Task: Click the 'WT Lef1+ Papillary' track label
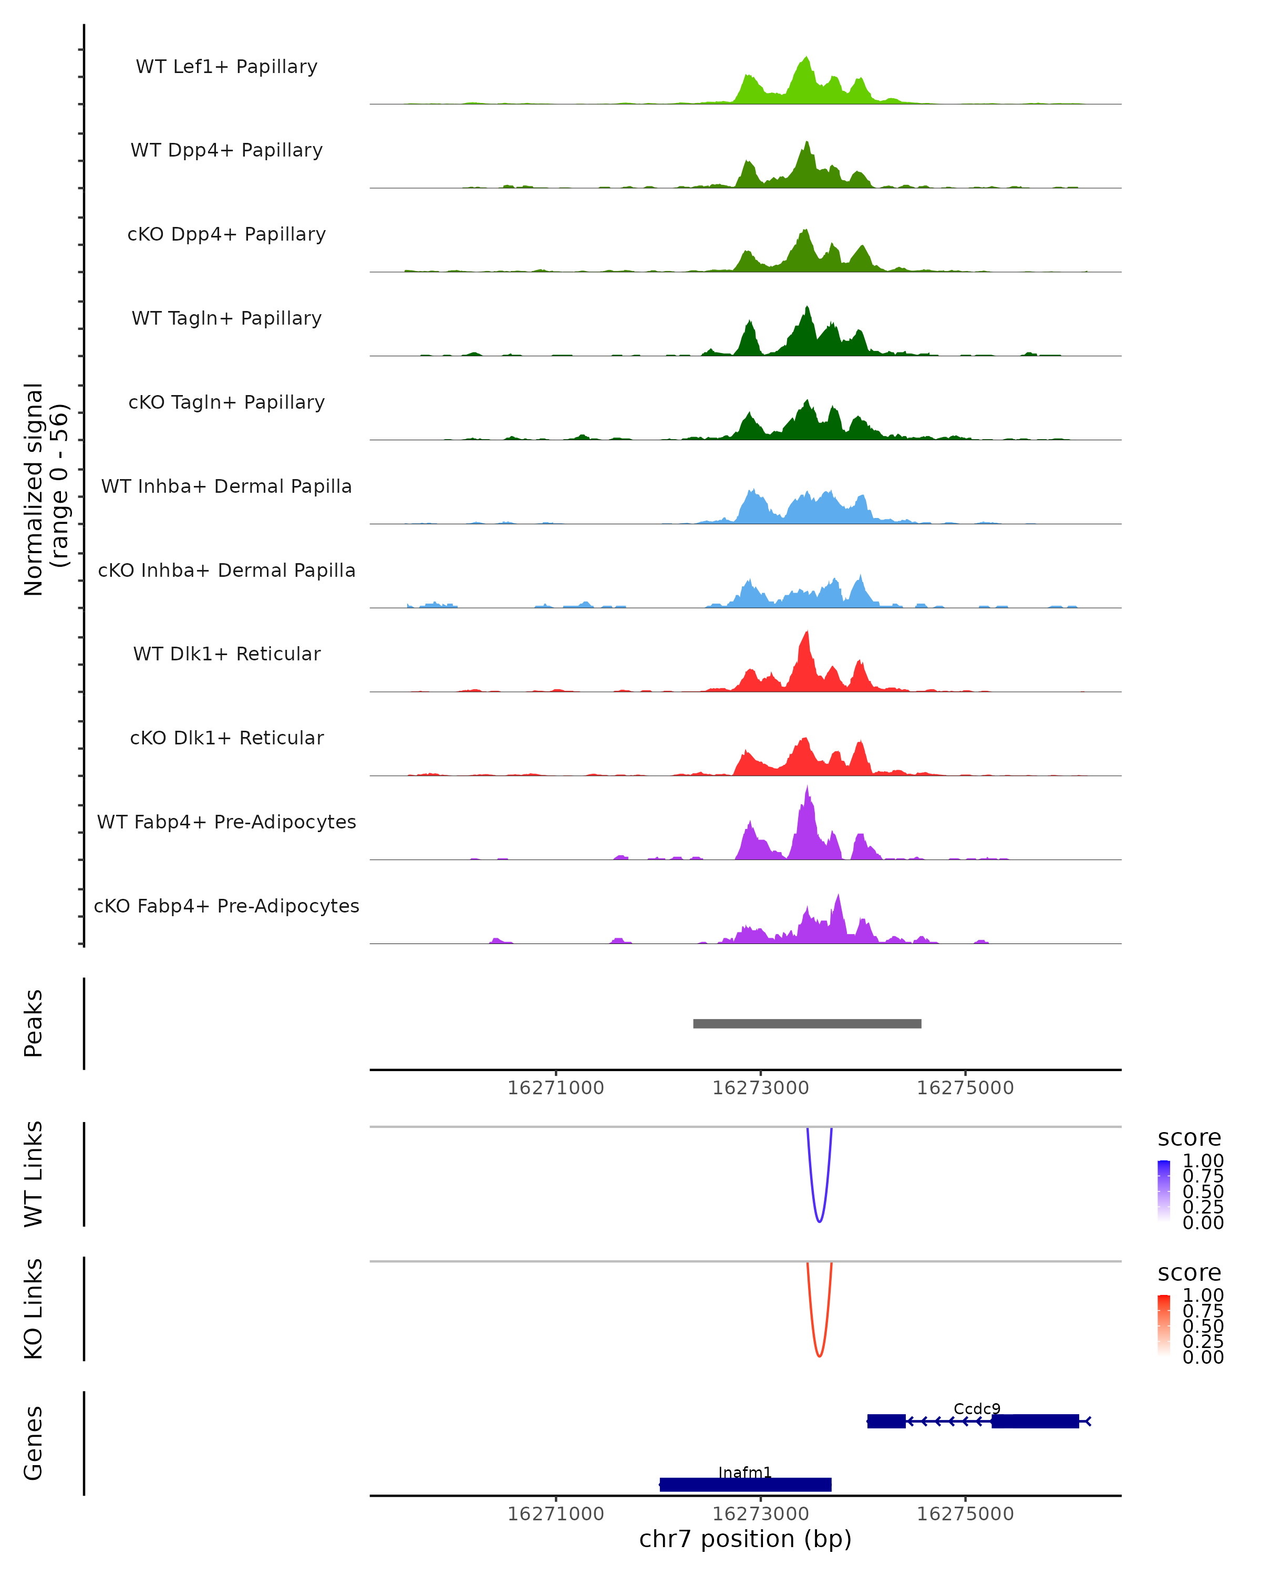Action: (x=226, y=67)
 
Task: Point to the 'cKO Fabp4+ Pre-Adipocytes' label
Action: (x=226, y=906)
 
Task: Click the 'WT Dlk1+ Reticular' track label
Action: (x=226, y=654)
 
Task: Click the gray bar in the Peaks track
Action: (x=807, y=1023)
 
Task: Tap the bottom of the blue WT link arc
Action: (x=820, y=1221)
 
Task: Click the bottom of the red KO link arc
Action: (x=820, y=1356)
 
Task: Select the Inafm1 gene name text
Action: (x=745, y=1472)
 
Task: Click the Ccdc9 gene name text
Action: (x=977, y=1408)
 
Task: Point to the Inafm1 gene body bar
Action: (x=745, y=1485)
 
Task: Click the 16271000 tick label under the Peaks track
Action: (x=555, y=1088)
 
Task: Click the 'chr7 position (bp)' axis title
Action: (x=745, y=1539)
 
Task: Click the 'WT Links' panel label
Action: (x=34, y=1174)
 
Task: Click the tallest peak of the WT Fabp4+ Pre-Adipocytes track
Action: (x=807, y=788)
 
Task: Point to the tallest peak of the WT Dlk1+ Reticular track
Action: (x=807, y=633)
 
